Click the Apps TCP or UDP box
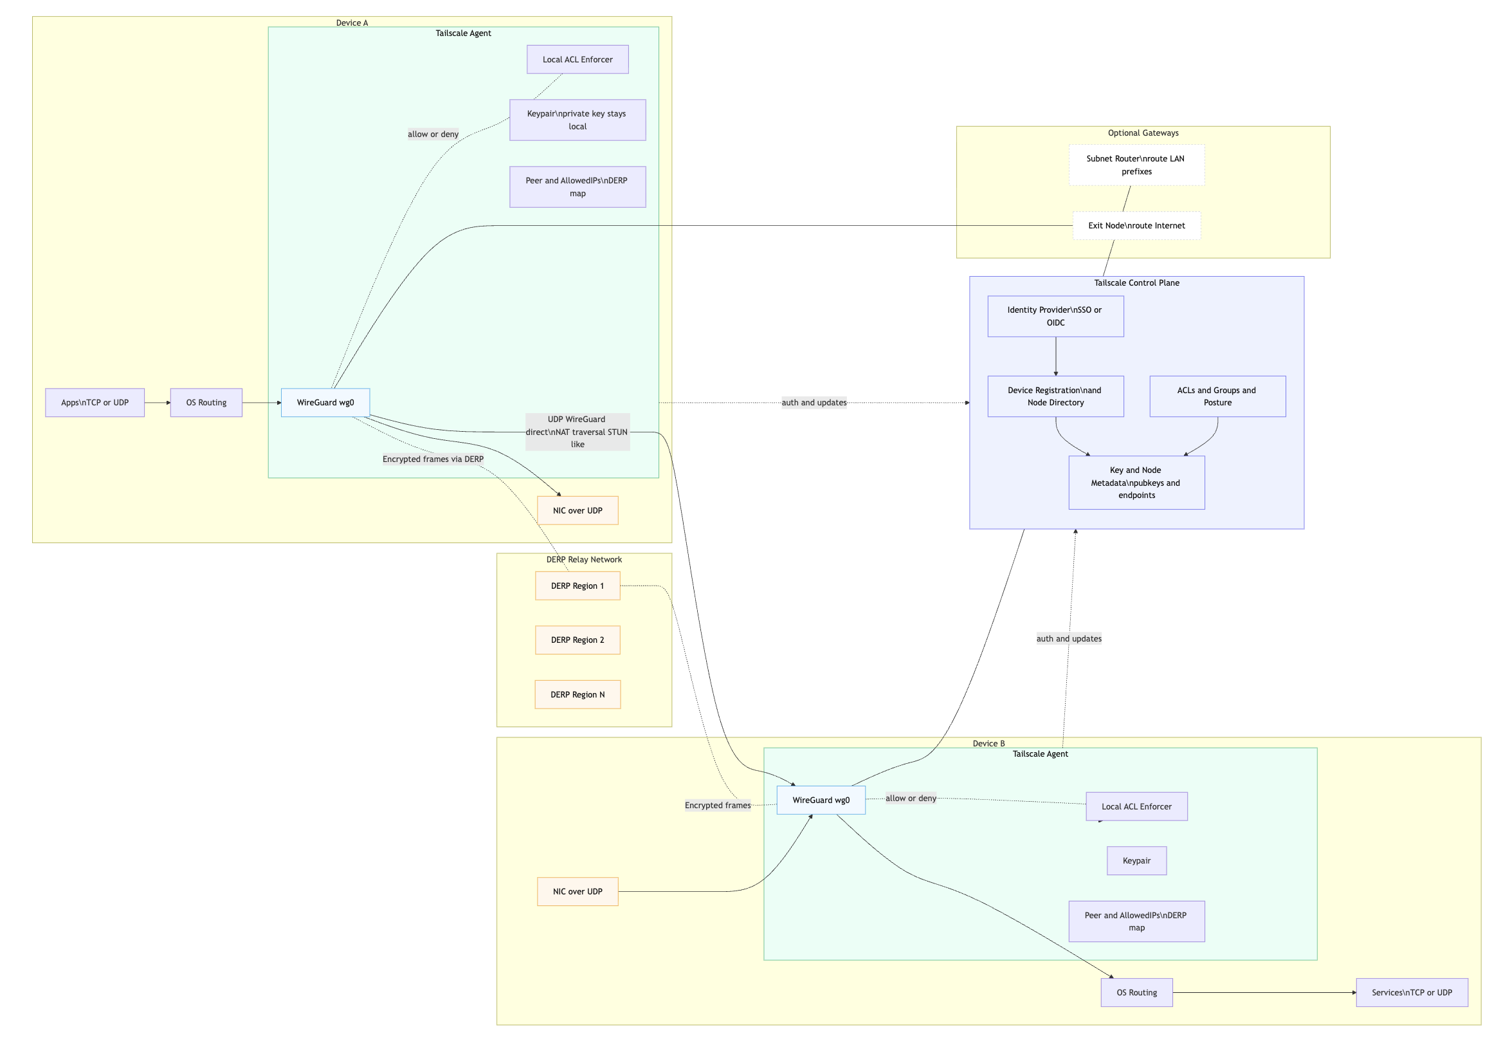95,403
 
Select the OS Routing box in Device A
206,403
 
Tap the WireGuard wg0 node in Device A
325,403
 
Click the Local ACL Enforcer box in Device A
578,59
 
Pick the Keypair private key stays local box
578,120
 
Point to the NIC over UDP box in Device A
578,511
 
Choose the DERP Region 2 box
578,640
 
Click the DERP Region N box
578,694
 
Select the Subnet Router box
1136,165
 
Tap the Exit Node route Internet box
1136,226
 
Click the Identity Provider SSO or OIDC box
1055,317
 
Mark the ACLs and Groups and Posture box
1217,396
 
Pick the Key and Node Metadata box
1136,483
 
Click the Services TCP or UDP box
1412,993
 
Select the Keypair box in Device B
1136,860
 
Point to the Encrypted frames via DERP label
433,459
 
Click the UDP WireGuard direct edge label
578,432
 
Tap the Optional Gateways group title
1143,133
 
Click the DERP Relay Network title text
584,560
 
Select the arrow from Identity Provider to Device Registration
1055,356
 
